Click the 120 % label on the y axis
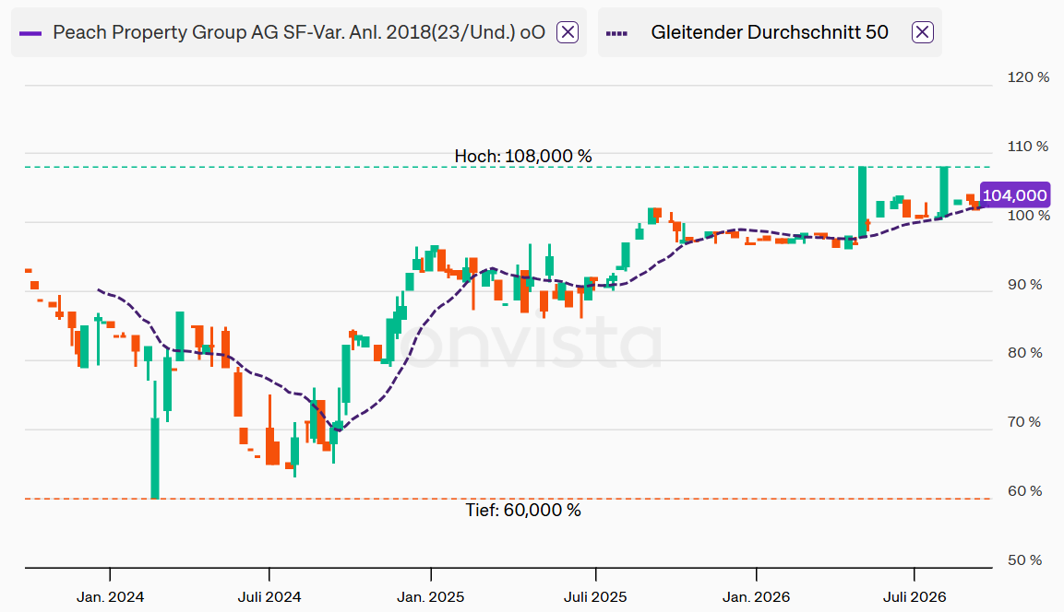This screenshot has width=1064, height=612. (1028, 77)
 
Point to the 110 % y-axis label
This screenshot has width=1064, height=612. (1028, 147)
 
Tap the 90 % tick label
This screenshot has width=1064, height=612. (1024, 285)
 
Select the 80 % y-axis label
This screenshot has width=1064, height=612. (1024, 352)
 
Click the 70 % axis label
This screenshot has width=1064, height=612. (1024, 422)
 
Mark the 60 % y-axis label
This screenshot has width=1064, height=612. (1024, 490)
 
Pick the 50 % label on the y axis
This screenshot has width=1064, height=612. (1024, 559)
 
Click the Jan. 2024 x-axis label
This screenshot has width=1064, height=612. (110, 597)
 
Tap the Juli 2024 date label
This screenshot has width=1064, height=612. (269, 597)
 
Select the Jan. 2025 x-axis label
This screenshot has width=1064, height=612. (431, 597)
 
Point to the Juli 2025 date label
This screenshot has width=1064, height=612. (596, 597)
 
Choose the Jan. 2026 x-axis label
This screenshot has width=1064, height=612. (756, 597)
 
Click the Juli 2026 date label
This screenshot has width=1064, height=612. (914, 597)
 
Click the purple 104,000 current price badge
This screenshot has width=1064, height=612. (1014, 195)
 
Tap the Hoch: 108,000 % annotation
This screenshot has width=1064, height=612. (523, 157)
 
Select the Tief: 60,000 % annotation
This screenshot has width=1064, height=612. (523, 511)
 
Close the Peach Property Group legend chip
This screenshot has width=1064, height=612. (568, 32)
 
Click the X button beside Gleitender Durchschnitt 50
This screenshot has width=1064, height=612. (922, 32)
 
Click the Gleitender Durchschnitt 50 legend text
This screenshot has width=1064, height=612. (770, 32)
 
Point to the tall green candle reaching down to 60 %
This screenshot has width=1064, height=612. (155, 458)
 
